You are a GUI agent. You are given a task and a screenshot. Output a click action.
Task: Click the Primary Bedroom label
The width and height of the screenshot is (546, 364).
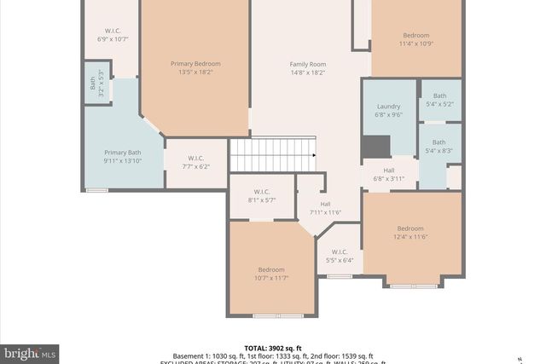(195, 64)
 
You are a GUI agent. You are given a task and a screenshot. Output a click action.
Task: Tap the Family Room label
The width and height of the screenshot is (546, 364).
(307, 64)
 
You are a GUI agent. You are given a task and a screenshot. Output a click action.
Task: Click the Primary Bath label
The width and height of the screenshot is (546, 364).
(121, 152)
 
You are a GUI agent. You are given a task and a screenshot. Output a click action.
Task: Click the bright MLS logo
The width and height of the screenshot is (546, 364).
(31, 352)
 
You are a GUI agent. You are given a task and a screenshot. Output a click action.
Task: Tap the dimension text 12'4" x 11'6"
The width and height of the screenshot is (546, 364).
(410, 237)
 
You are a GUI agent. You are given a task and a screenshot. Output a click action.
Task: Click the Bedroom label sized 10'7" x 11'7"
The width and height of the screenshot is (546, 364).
(271, 269)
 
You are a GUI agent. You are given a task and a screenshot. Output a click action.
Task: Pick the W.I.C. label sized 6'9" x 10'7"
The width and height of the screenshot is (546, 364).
(113, 31)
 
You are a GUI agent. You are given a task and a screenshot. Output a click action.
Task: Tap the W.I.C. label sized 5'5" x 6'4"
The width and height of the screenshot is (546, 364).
(339, 251)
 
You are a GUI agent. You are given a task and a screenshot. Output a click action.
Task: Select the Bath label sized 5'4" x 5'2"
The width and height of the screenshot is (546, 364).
(439, 95)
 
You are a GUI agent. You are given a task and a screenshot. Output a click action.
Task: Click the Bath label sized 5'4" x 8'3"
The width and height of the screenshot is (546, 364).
(439, 142)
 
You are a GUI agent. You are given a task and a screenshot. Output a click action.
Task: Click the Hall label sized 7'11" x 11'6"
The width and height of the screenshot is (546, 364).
(325, 204)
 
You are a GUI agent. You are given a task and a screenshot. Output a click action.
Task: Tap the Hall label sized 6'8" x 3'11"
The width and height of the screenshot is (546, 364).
(388, 170)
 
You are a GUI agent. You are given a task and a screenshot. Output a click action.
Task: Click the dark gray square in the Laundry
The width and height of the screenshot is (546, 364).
(375, 147)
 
